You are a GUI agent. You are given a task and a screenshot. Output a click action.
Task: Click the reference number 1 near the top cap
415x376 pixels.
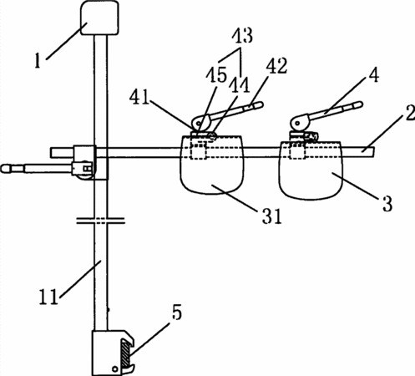38,60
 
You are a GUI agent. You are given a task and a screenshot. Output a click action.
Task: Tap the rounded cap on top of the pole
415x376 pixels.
99,18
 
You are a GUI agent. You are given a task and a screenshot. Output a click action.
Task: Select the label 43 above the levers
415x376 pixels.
243,35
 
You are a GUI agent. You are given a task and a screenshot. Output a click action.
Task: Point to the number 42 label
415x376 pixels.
276,66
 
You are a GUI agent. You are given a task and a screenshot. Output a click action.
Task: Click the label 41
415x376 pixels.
139,97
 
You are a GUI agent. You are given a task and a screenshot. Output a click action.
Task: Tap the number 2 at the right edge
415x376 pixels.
410,112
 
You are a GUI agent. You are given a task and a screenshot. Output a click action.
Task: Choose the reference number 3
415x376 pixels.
387,204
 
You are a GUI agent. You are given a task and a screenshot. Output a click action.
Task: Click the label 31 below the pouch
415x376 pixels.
272,216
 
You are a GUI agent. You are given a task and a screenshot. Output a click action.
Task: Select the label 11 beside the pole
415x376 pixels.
49,297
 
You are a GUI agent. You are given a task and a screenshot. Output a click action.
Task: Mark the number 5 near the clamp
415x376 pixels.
176,312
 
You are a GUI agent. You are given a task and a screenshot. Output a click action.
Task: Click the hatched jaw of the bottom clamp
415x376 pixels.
125,353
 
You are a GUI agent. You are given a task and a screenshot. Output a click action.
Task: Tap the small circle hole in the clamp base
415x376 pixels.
114,369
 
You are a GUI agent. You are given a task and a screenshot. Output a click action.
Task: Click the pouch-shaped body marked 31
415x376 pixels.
212,165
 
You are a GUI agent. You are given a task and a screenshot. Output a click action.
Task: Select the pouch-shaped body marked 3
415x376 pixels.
311,170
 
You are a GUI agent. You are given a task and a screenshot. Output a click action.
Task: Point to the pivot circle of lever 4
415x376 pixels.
296,122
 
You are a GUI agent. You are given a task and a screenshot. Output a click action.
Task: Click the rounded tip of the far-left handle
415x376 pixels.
6,169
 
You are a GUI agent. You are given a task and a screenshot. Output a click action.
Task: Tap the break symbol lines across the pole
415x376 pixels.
100,221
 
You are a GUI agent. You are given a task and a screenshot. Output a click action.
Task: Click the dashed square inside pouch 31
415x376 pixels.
198,150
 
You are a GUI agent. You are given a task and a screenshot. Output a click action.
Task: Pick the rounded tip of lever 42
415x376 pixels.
259,105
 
